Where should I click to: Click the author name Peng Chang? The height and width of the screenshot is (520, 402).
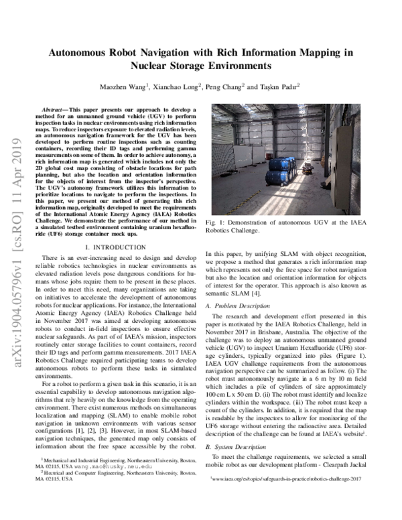[x=241, y=86]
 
